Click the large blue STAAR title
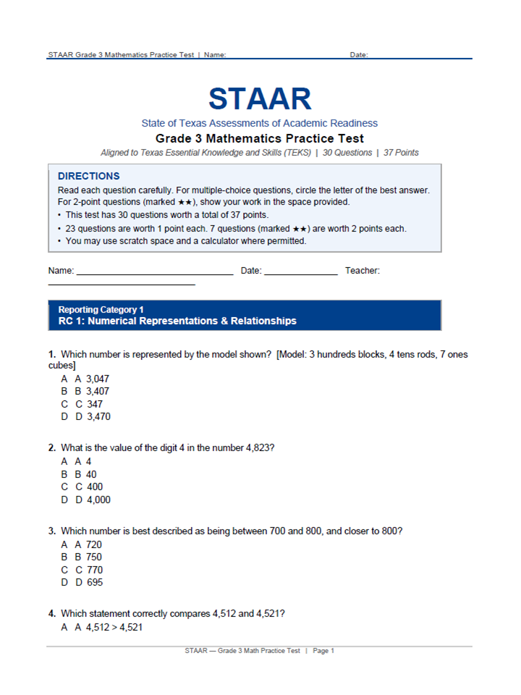[260, 99]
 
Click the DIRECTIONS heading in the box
[88, 176]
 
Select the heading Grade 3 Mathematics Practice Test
[260, 138]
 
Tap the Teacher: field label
[363, 271]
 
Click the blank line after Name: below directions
[155, 274]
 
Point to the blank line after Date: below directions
[300, 274]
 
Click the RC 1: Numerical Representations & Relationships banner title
[177, 321]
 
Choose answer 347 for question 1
[94, 404]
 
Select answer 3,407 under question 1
[98, 391]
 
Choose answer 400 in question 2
[94, 486]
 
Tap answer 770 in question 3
[94, 570]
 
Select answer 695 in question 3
[94, 582]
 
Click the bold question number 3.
[52, 531]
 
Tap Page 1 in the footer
[323, 651]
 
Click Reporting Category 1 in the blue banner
[101, 310]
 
